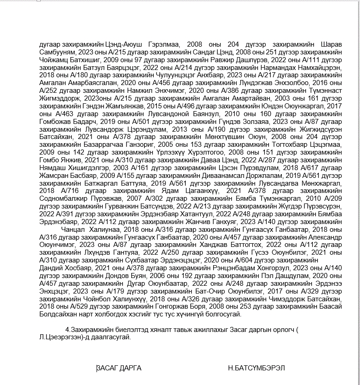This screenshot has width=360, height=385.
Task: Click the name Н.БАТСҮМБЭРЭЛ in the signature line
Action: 259,368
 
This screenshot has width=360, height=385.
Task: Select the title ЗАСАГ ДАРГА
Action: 119,368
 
